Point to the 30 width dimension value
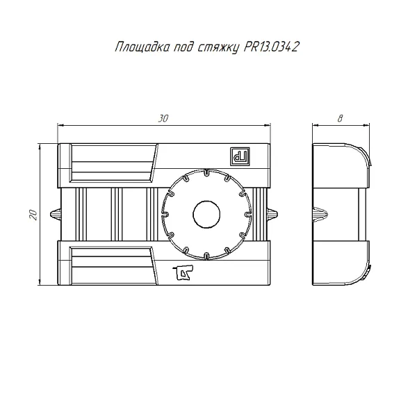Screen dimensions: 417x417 [x=163, y=119]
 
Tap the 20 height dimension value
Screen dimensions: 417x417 [x=32, y=215]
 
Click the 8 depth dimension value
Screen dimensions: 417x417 [x=339, y=119]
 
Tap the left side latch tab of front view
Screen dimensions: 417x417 [x=55, y=213]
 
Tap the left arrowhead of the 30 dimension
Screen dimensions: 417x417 [x=60, y=125]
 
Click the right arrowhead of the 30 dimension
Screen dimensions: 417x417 [x=268, y=125]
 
